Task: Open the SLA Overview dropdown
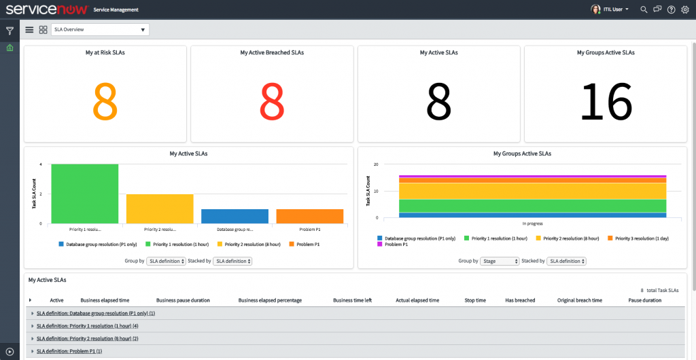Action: [x=100, y=30]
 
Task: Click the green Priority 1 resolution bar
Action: [x=85, y=194]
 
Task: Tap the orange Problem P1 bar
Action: [x=310, y=216]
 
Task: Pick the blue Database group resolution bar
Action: [x=235, y=216]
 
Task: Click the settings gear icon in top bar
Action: [x=684, y=10]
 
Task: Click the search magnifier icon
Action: [x=644, y=10]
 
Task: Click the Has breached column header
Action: [x=520, y=300]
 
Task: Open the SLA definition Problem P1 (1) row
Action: [x=69, y=351]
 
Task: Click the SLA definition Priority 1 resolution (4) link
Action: [x=87, y=326]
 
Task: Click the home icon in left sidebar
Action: [x=10, y=48]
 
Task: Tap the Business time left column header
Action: [x=352, y=300]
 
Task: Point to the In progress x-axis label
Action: [x=532, y=223]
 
